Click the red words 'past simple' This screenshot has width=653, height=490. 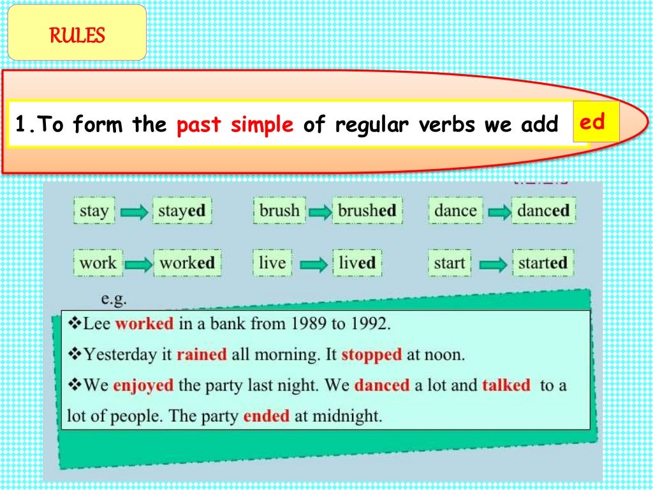pos(235,124)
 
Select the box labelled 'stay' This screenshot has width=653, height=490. pos(94,211)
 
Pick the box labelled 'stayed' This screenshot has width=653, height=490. pos(182,211)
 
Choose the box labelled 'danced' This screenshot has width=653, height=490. pos(543,211)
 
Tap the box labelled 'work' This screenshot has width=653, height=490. pos(98,263)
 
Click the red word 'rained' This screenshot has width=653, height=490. pos(202,354)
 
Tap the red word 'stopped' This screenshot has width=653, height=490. pos(371,354)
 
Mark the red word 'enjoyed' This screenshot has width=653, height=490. pos(143,385)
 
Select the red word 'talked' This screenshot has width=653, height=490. pos(506,385)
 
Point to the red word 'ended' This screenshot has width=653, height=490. pos(266,417)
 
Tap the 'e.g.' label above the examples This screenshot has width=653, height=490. pos(115,298)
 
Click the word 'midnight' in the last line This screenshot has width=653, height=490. pos(348,417)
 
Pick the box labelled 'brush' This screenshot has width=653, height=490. pos(279,211)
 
